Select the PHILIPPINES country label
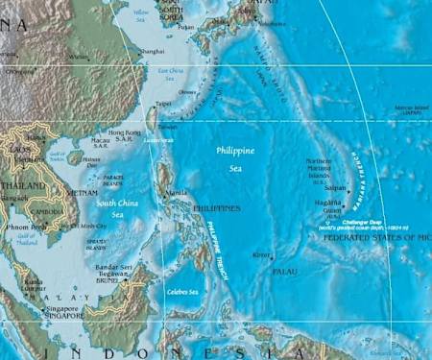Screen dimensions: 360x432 (217, 207)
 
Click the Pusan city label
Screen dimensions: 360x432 (185, 27)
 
